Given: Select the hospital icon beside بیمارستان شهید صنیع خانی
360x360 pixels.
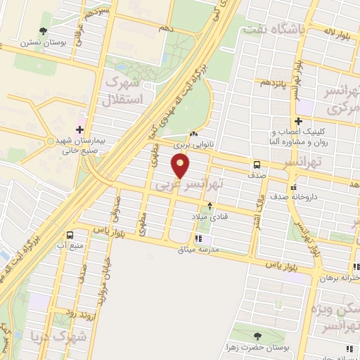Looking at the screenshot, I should click(79, 129).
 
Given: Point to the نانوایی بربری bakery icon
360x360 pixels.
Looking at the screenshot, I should click(194, 134).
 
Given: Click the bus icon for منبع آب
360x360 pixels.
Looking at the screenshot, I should click(70, 235).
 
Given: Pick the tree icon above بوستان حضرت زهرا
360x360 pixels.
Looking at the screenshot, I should click(257, 336).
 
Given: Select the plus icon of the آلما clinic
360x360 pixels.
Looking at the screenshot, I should click(298, 121).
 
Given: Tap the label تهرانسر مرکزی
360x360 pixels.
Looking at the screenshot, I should click(340, 102).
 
